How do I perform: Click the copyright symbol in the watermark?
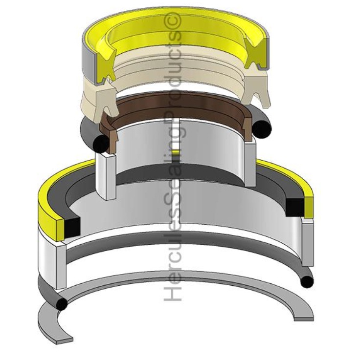[175, 20]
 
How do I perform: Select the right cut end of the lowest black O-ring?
[307, 282]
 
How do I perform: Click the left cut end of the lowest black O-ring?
[61, 304]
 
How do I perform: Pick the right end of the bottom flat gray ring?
[304, 318]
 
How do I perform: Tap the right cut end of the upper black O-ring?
[263, 128]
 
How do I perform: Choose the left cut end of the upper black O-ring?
[101, 143]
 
